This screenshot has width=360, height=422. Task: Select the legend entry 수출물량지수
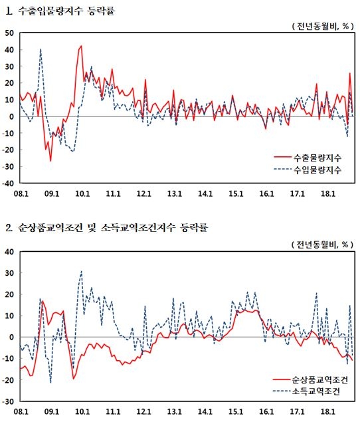(x=317, y=158)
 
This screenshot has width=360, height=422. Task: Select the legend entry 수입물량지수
(x=317, y=170)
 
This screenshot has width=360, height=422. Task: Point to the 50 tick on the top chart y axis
(x=10, y=33)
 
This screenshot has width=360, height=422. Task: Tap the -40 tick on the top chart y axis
(x=9, y=182)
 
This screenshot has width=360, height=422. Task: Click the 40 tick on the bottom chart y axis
(x=10, y=252)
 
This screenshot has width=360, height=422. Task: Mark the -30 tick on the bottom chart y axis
(x=9, y=401)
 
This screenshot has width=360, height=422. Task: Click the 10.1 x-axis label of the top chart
(x=82, y=193)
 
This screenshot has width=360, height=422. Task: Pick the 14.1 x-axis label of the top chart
(x=205, y=193)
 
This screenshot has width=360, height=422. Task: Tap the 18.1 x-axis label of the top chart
(x=327, y=193)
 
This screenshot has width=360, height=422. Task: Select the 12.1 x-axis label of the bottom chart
(x=143, y=412)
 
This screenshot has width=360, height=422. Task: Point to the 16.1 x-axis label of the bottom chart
(x=266, y=412)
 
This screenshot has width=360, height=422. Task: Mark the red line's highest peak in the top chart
(x=81, y=46)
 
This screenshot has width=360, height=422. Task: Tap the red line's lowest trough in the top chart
(x=50, y=161)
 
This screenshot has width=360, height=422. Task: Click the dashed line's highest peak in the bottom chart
(x=81, y=271)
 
